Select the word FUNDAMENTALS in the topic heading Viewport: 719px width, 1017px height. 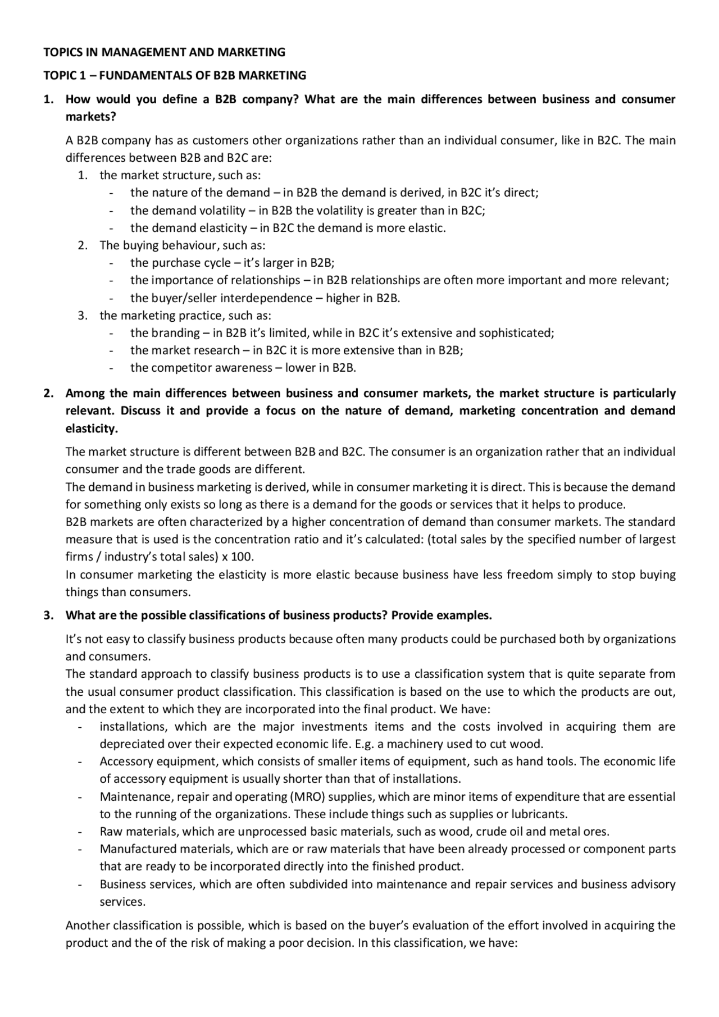point(148,75)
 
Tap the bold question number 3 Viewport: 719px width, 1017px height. point(48,615)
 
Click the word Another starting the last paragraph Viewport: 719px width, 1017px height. point(87,925)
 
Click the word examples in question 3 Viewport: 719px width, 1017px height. point(463,615)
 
